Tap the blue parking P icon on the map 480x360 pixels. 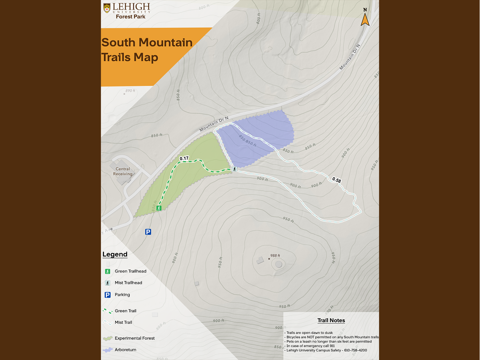(x=148, y=232)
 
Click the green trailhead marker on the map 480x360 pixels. (x=159, y=208)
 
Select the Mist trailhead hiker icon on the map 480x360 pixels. (x=235, y=169)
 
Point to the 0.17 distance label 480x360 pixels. (x=184, y=158)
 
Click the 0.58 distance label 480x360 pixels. (x=337, y=180)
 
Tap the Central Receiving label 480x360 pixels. (x=123, y=171)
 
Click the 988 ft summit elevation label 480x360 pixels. (x=275, y=255)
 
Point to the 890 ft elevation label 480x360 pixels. (x=130, y=90)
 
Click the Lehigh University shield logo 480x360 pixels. (x=107, y=8)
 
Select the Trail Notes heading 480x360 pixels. (x=331, y=320)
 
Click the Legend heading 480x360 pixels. (x=115, y=254)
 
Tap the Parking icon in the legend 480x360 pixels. (x=107, y=295)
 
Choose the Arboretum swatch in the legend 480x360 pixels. (x=107, y=350)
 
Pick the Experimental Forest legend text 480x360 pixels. (x=134, y=338)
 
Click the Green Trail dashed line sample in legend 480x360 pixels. (x=107, y=311)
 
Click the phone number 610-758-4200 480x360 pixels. (x=355, y=350)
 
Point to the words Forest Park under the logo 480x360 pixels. (x=130, y=17)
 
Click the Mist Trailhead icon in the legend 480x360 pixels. (x=107, y=283)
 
